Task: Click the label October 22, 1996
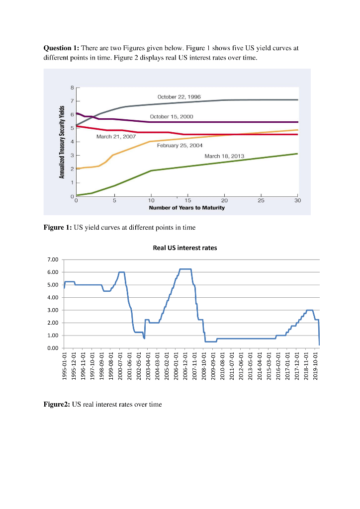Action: click(x=179, y=96)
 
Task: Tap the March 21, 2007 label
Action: click(x=116, y=136)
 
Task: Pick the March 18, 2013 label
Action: click(x=224, y=156)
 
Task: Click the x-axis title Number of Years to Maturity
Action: click(x=186, y=208)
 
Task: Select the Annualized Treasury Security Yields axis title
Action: click(x=63, y=142)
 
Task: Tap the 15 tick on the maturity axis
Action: click(x=187, y=201)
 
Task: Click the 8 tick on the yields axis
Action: click(x=72, y=88)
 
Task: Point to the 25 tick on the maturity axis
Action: click(x=261, y=201)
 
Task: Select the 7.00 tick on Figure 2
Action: click(x=53, y=259)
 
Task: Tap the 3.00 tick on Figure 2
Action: click(x=53, y=310)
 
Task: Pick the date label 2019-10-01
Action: click(x=319, y=365)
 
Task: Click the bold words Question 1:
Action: click(x=62, y=48)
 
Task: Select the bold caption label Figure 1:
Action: click(x=58, y=228)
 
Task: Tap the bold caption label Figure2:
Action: click(x=57, y=404)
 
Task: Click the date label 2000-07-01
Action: click(x=120, y=365)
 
